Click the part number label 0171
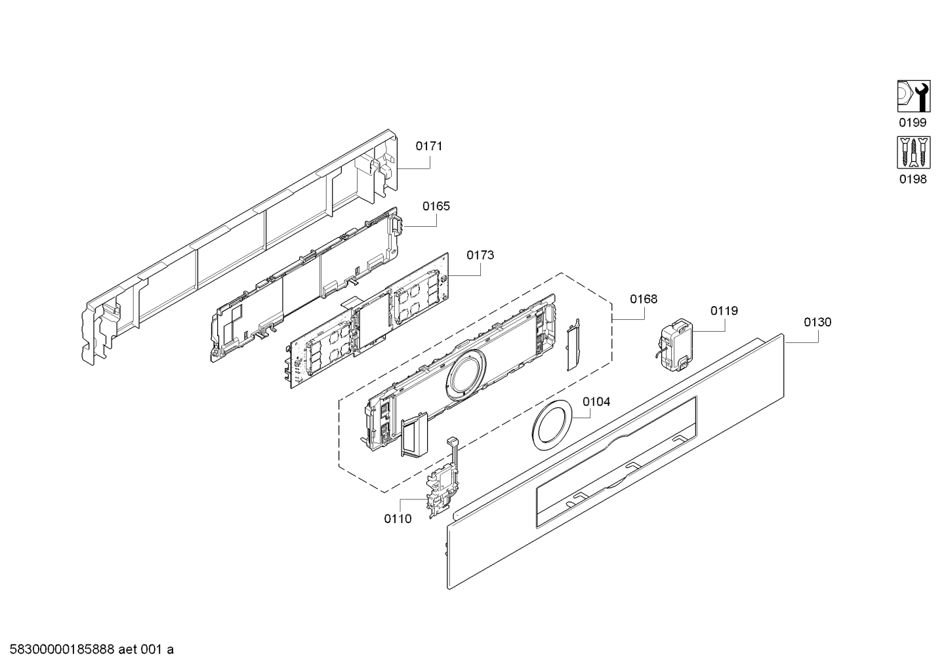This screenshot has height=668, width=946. click(x=429, y=146)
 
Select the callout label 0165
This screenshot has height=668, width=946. click(x=436, y=206)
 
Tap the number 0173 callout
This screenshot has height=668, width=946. click(x=480, y=255)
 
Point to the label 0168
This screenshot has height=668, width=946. click(x=644, y=299)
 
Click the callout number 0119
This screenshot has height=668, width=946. click(x=724, y=311)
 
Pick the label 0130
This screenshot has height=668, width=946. click(x=817, y=322)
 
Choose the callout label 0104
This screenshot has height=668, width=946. click(x=596, y=401)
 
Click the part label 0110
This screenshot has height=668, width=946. click(x=398, y=519)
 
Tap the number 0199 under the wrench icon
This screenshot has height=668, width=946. click(x=913, y=123)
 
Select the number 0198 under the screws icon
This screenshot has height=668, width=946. click(x=913, y=179)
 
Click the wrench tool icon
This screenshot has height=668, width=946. click(x=913, y=96)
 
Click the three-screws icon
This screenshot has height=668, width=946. click(x=913, y=153)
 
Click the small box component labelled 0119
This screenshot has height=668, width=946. click(x=675, y=342)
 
